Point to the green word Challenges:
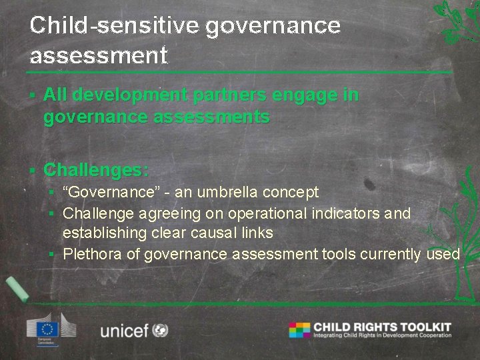pyautogui.click(x=96, y=170)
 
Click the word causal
pyautogui.click(x=222, y=233)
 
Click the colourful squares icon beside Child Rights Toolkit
pyautogui.click(x=299, y=330)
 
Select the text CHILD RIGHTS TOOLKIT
pyautogui.click(x=382, y=327)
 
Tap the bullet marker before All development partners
pyautogui.click(x=32, y=96)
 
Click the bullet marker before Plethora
pyautogui.click(x=51, y=255)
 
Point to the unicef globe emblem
pyautogui.click(x=160, y=330)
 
